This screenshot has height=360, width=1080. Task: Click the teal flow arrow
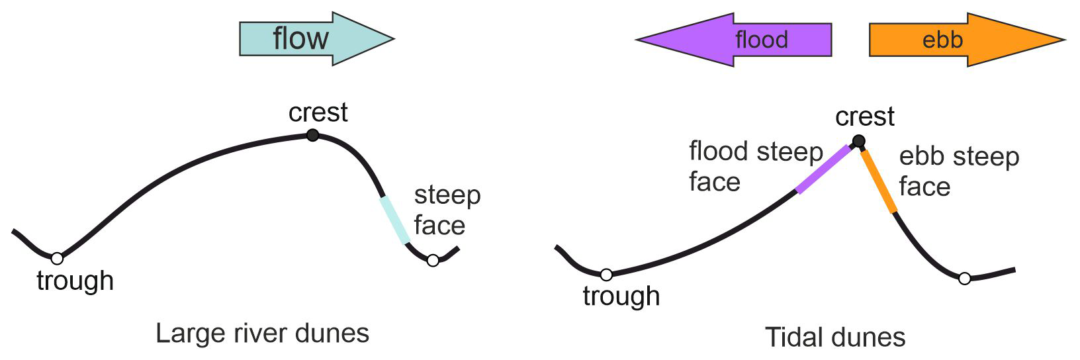pyautogui.click(x=311, y=38)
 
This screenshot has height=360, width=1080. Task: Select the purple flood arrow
pyautogui.click(x=741, y=40)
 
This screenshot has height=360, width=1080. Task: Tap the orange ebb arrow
pyautogui.click(x=960, y=40)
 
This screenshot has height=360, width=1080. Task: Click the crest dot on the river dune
pyautogui.click(x=313, y=136)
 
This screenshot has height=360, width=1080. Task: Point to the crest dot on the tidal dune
pyautogui.click(x=858, y=141)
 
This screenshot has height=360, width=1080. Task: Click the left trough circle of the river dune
pyautogui.click(x=58, y=258)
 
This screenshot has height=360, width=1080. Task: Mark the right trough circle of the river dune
pyautogui.click(x=433, y=261)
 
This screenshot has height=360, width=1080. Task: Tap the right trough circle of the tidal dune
pyautogui.click(x=965, y=279)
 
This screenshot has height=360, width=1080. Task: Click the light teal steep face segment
pyautogui.click(x=395, y=220)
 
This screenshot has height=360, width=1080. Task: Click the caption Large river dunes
pyautogui.click(x=262, y=333)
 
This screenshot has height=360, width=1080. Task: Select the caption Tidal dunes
pyautogui.click(x=835, y=337)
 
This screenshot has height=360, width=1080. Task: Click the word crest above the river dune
pyautogui.click(x=318, y=112)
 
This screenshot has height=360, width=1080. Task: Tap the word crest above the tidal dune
pyautogui.click(x=864, y=117)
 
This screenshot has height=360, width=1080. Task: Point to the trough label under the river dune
pyautogui.click(x=75, y=281)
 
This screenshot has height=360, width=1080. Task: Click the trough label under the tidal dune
pyautogui.click(x=621, y=296)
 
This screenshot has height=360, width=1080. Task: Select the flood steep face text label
pyautogui.click(x=755, y=166)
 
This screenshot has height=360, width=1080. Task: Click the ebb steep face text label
pyautogui.click(x=958, y=171)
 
